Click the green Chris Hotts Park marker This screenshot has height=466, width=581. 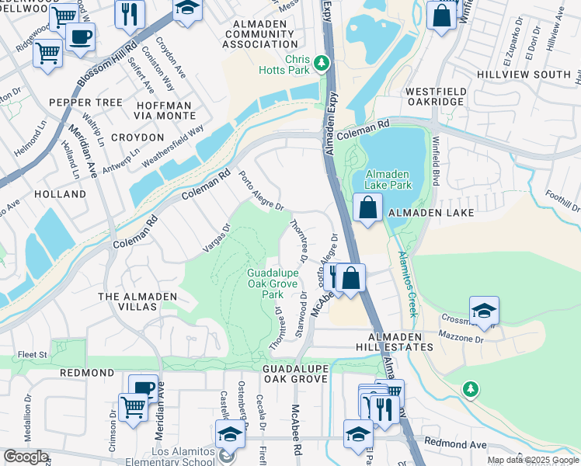(318, 61)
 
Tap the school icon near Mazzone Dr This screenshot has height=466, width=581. (484, 310)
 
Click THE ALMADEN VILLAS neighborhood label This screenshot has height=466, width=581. (127, 302)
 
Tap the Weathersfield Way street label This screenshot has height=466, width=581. (172, 144)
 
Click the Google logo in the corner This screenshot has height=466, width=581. (26, 457)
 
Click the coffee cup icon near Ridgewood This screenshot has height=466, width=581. (80, 37)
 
